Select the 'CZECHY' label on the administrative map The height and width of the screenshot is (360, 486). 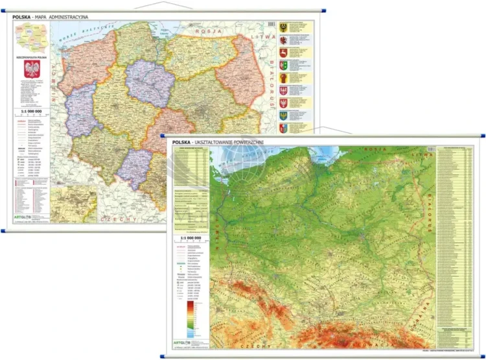click(121, 219)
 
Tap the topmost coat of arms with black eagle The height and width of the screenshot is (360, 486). click(283, 28)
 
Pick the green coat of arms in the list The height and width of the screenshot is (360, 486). click(283, 65)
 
